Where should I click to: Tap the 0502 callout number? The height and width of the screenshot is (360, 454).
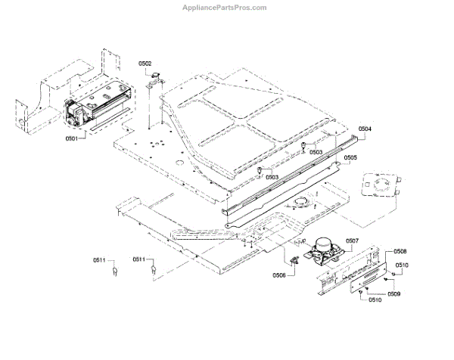coord(145,64)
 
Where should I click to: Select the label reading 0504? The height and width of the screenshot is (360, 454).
coord(365,129)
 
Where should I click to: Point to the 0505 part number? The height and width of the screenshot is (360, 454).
coord(350,158)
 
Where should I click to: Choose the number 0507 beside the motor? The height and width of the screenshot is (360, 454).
coord(352,242)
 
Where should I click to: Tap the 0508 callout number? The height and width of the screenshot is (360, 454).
coord(400,251)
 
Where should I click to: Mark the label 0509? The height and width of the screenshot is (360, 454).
coord(394,293)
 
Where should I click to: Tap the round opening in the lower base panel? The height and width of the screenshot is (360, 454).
coord(302,201)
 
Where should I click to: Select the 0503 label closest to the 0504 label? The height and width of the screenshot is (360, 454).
coord(316,152)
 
